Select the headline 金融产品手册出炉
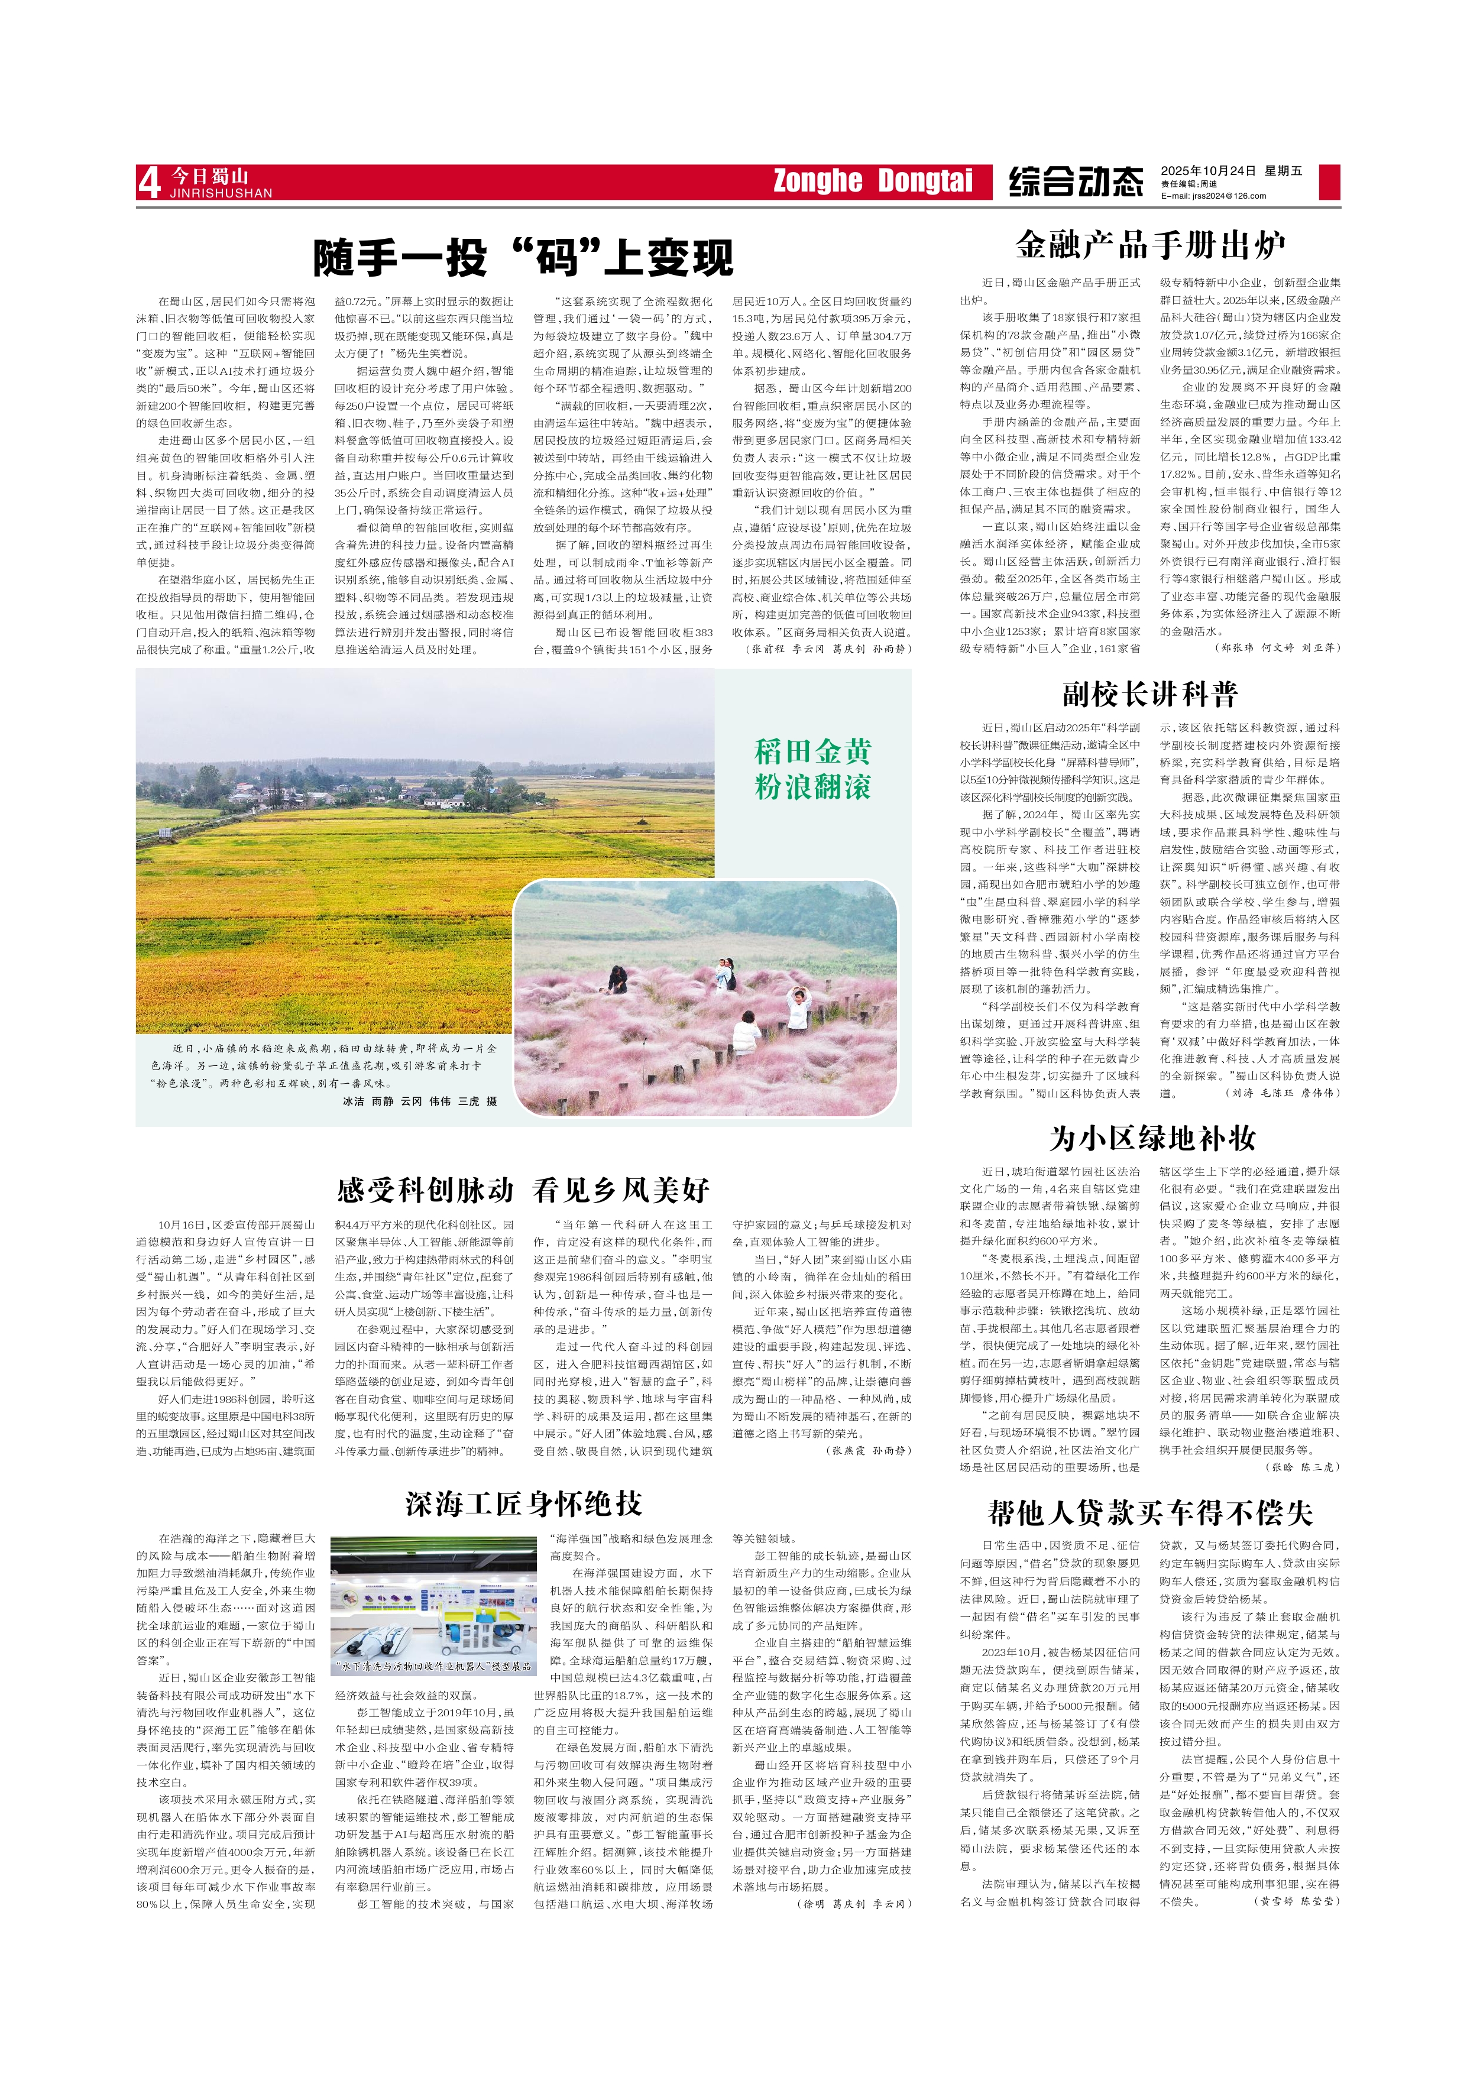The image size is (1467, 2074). (x=1150, y=245)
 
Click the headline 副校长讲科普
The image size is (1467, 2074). (x=1150, y=694)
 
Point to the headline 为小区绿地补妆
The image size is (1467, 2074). (x=1152, y=1138)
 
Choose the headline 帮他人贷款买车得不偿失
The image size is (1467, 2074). (x=1150, y=1512)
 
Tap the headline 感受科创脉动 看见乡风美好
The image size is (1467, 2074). (x=523, y=1190)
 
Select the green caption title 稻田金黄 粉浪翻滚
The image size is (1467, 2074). (x=813, y=769)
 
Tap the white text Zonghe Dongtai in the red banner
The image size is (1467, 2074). (x=872, y=181)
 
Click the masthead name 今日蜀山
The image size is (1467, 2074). (x=209, y=175)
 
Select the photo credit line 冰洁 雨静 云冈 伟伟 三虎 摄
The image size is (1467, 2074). (x=420, y=1101)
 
